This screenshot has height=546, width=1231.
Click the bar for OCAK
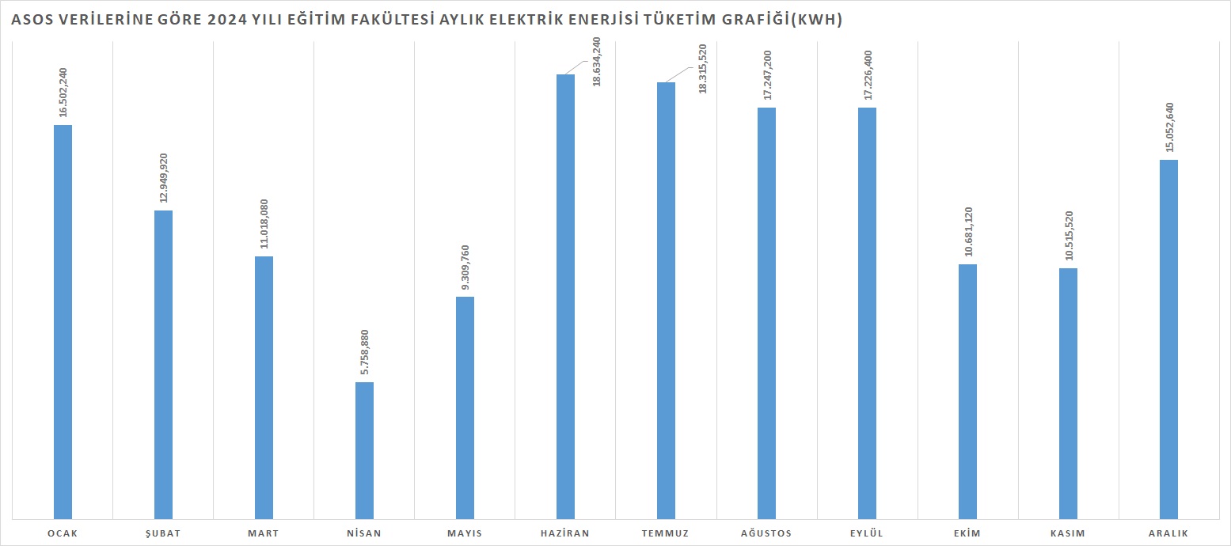coord(63,321)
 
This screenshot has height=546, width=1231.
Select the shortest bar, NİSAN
coord(364,449)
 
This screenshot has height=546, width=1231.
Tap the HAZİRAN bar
coord(565,296)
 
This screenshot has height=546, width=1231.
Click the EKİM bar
coord(967,391)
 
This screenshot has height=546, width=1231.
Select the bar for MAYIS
coord(465,407)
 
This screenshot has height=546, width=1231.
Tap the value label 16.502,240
coord(63,93)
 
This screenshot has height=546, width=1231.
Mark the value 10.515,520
coord(1069,237)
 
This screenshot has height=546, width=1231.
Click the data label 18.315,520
coord(702,69)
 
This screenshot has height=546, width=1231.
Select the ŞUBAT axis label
coord(163,533)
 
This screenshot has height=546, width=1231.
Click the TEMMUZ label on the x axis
coord(666,533)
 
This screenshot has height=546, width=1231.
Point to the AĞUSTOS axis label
coord(766,533)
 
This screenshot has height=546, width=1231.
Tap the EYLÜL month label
coord(867,533)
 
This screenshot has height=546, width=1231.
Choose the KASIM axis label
coord(1068,533)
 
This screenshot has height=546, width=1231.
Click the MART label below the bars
coord(264,533)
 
